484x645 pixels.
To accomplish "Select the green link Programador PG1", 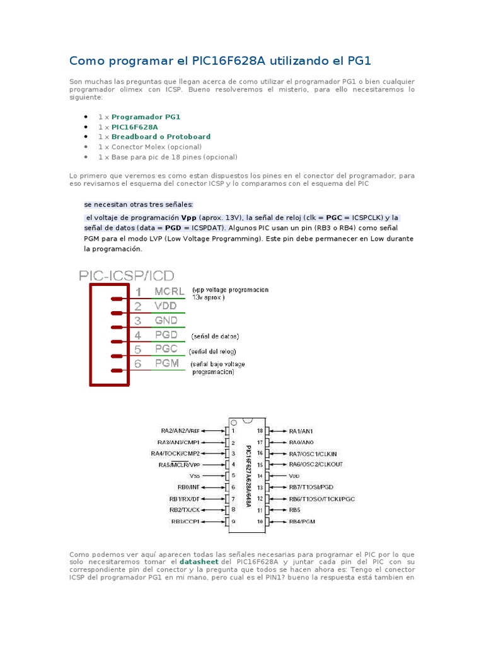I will (x=146, y=117).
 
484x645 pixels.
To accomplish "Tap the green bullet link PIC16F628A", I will (x=135, y=127).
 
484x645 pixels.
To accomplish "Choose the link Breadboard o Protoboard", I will (x=161, y=137).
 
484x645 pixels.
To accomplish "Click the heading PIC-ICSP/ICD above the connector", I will (x=127, y=275).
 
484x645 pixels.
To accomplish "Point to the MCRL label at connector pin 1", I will (x=170, y=292).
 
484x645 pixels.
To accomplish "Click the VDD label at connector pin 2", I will (x=166, y=306).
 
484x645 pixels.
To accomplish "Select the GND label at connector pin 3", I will (x=166, y=321).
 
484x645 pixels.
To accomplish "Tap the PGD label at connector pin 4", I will (x=166, y=335).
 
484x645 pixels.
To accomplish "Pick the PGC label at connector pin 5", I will (x=166, y=350).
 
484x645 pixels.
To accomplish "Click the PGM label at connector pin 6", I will (x=167, y=364).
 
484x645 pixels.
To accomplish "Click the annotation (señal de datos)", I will (x=215, y=336).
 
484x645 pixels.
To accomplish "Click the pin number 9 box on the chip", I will (x=233, y=522).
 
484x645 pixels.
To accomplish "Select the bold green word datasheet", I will (x=199, y=561).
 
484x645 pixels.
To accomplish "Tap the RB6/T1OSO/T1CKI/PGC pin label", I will (x=322, y=499).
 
